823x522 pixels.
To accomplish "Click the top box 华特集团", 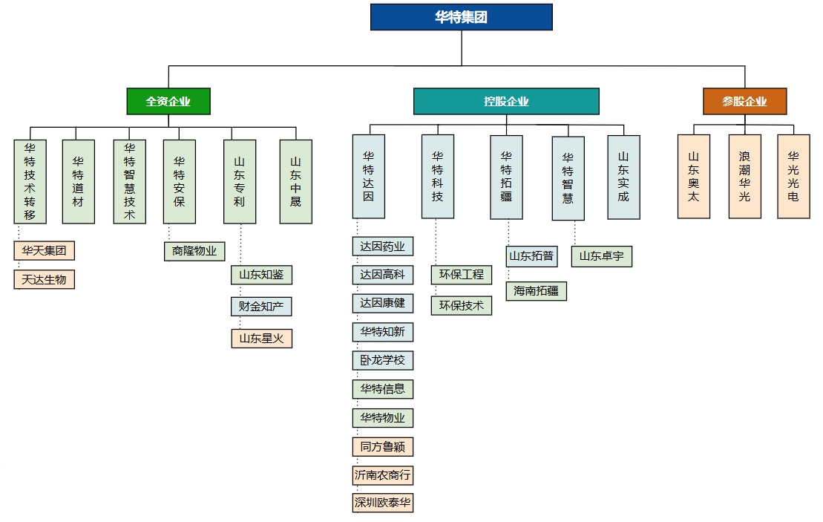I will pos(461,17).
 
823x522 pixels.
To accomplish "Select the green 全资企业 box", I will pos(168,102).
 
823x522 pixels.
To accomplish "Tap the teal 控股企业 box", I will pos(506,102).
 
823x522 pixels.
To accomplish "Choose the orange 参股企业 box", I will pos(744,102).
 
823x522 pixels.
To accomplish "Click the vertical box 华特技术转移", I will pos(30,182).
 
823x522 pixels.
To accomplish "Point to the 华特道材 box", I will pos(78,182).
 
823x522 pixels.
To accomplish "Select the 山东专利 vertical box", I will pos(239,182).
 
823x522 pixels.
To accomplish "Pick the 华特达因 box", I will pos(368,177).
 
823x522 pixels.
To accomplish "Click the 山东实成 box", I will pos(623,177).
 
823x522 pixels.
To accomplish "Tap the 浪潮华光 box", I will pos(744,177).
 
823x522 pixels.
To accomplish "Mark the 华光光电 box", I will pos(793,177).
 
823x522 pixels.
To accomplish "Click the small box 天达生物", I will pos(45,279).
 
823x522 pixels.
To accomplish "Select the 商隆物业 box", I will pos(194,251).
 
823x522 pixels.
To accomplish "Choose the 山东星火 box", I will pos(261,339).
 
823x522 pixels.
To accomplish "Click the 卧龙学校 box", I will pos(383,361).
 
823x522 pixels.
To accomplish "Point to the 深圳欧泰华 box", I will pos(383,503).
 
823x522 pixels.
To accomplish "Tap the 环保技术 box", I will pos(461,305).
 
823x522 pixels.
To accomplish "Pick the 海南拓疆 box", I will pos(537,291).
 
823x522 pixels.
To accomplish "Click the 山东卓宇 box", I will pos(601,257).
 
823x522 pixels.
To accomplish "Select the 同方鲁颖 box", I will pos(383,446).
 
